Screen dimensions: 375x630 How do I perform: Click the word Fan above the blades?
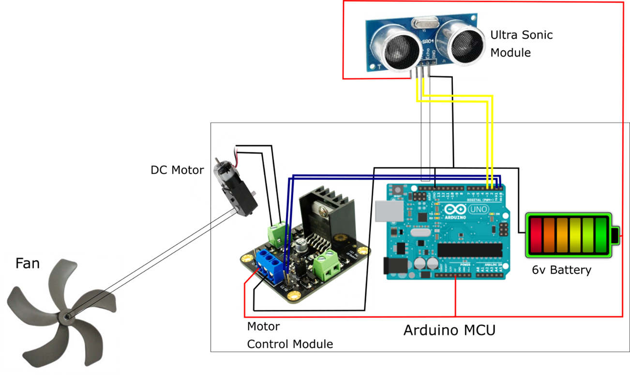click(x=28, y=263)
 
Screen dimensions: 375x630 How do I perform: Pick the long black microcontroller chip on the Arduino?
click(x=469, y=249)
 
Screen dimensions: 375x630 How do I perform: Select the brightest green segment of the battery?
click(x=601, y=236)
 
